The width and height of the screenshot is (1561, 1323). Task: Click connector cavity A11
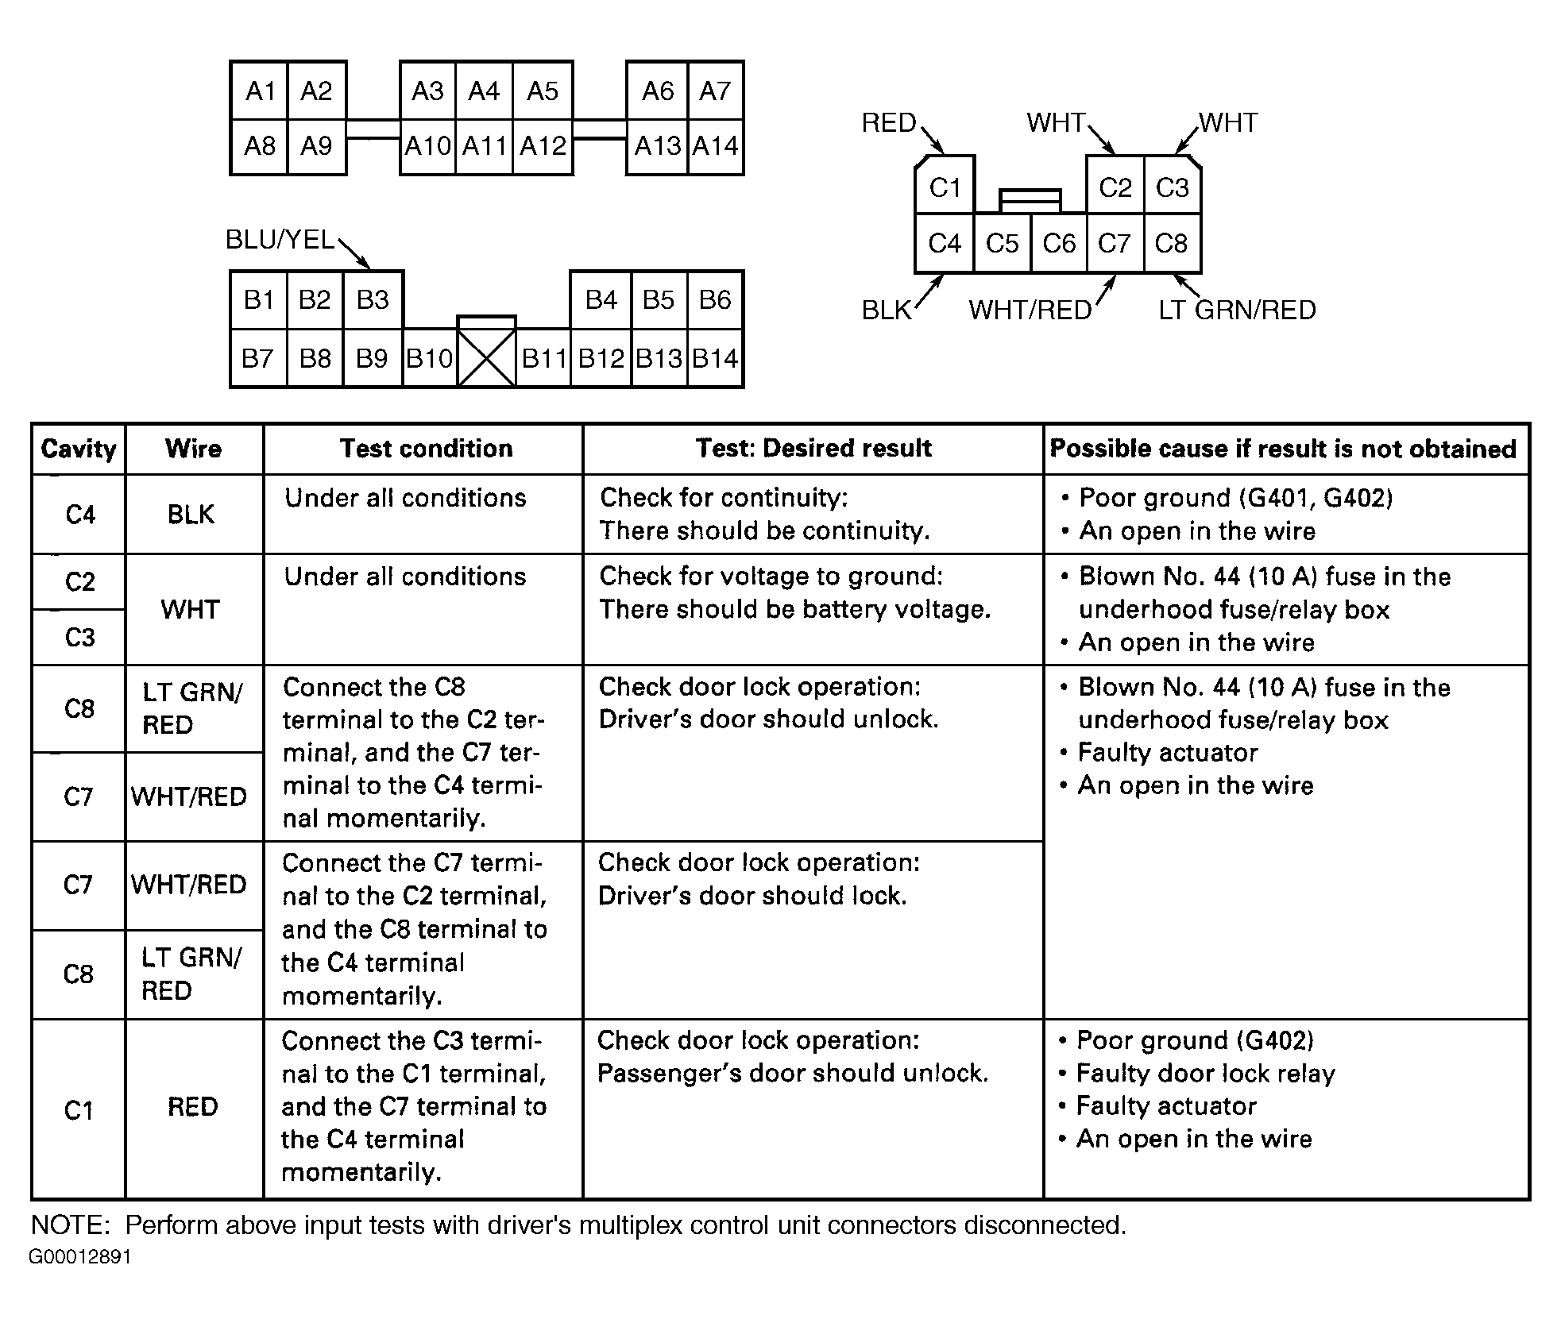(484, 146)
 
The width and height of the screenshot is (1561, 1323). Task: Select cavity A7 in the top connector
(715, 91)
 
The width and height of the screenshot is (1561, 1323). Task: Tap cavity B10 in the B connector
(429, 359)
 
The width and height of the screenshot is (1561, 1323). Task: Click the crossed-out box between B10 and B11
(486, 359)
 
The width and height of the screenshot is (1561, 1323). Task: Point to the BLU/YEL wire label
(280, 239)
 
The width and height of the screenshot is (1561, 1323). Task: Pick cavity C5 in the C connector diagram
(1002, 243)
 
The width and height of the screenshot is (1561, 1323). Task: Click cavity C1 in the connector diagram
(945, 187)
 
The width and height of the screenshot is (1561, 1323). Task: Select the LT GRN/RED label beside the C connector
(1237, 310)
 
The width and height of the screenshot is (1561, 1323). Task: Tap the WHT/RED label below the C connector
(1030, 310)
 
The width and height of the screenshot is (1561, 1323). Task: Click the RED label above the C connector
(889, 123)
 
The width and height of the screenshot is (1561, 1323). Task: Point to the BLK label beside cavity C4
(887, 310)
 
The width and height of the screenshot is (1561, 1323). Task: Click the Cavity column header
(79, 449)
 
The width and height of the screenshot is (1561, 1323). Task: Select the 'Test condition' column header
(427, 449)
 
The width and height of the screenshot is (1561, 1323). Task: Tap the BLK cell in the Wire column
(191, 515)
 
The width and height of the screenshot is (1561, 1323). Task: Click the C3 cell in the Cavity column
(79, 637)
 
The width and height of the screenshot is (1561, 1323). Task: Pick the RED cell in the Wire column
(192, 1106)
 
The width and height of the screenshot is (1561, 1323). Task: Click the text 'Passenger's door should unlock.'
(793, 1073)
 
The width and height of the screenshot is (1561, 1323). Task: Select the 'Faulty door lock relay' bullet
(1205, 1073)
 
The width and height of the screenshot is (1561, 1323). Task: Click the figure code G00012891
(80, 1257)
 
